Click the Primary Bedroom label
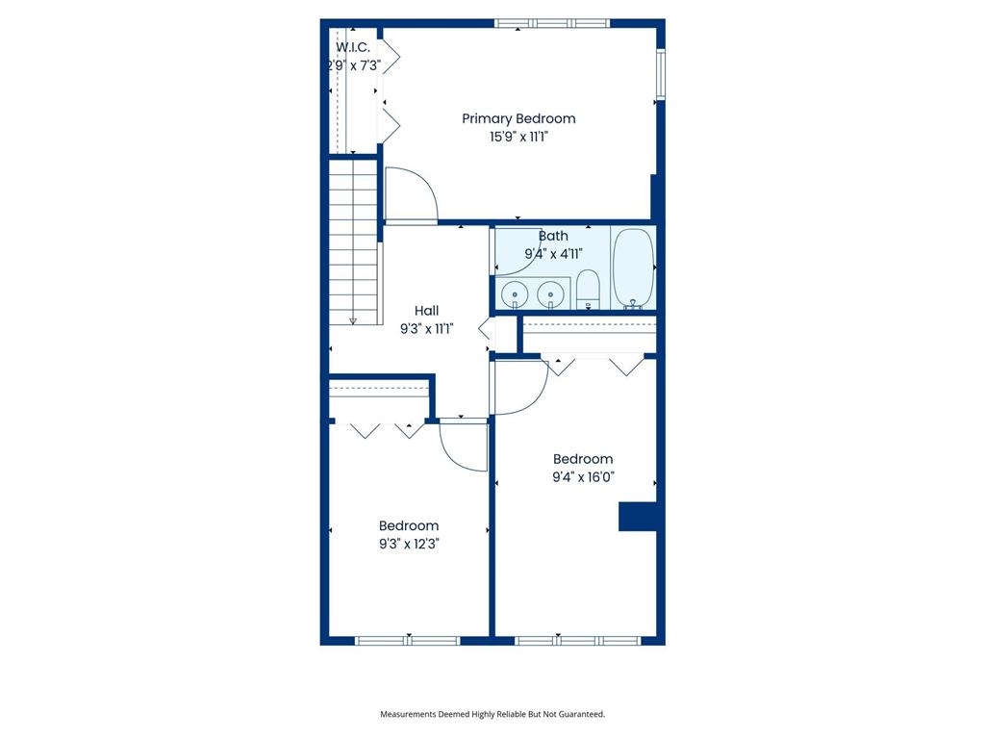pos(518,118)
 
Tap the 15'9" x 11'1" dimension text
pos(518,137)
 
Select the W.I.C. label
pos(353,47)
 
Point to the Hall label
pos(426,311)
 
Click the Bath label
pos(553,237)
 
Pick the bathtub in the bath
pos(633,269)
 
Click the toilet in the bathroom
pos(588,290)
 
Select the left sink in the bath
pos(516,293)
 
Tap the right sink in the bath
pos(550,293)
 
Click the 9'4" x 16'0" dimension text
pos(583,477)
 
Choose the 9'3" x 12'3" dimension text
pos(408,544)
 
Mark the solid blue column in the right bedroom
pos(638,517)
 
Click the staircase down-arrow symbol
pos(353,321)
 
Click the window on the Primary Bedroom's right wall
pos(661,74)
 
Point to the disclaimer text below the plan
pos(492,714)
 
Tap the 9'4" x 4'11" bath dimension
pos(553,254)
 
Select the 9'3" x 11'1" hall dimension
pos(426,329)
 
